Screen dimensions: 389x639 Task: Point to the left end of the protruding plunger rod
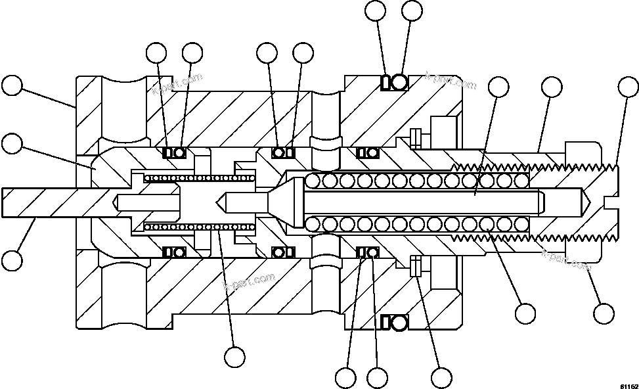point(7,202)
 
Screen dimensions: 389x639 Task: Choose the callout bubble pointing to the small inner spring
point(234,357)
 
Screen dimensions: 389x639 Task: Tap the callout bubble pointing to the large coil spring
point(525,313)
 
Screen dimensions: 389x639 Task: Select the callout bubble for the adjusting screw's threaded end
point(628,87)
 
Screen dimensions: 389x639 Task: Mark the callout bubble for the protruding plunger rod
point(12,260)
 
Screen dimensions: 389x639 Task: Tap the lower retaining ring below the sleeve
point(415,266)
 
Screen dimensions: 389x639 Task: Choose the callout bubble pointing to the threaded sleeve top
point(550,87)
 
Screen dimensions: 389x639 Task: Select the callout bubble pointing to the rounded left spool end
point(12,143)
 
